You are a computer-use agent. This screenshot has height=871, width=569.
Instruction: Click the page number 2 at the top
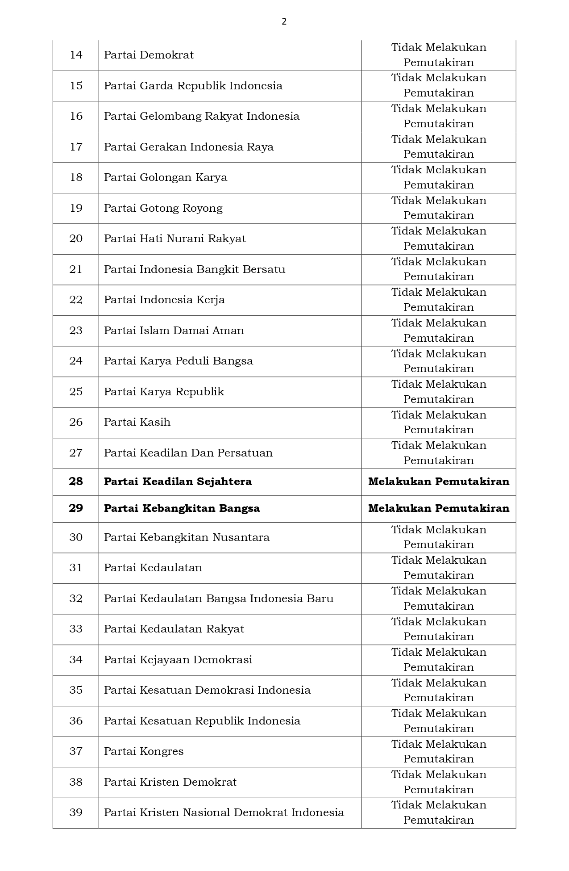tap(284, 21)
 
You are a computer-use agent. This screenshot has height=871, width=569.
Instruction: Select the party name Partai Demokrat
tap(149, 55)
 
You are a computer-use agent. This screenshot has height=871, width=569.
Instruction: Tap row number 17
tap(76, 147)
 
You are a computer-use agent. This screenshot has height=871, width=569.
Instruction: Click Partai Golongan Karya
tap(166, 177)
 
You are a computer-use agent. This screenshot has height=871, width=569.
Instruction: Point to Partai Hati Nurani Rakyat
tap(175, 239)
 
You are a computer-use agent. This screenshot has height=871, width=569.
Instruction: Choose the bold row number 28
tap(76, 482)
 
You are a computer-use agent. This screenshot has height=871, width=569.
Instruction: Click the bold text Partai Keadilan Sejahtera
tap(178, 482)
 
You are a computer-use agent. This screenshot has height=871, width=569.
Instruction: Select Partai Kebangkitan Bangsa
tap(182, 508)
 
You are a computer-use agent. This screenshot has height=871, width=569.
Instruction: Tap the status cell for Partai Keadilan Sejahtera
tap(438, 482)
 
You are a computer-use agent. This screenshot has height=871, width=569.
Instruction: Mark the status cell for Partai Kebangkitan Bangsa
tap(438, 508)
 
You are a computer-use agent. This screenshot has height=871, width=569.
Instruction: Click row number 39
tap(76, 812)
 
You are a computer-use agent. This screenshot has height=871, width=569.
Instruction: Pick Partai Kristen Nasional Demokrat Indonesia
tap(224, 812)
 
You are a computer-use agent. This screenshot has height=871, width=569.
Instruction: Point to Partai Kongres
tap(144, 751)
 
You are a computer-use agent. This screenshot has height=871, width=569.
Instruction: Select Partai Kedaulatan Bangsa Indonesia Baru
tap(219, 599)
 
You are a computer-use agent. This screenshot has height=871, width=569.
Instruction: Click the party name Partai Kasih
tap(137, 422)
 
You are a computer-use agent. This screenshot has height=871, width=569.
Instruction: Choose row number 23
tap(76, 331)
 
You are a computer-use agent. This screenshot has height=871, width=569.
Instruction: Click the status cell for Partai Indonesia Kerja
tap(438, 300)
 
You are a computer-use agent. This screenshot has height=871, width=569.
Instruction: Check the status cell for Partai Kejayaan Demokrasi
tap(438, 660)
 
